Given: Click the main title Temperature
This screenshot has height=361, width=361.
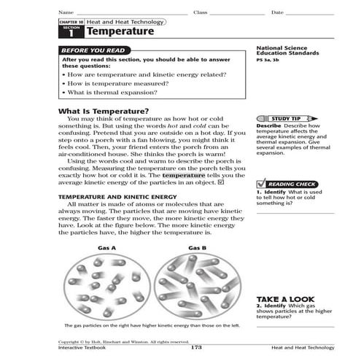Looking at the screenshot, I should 120,32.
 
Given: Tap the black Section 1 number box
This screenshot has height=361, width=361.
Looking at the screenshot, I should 71,32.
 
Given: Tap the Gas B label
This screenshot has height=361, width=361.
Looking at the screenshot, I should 197,249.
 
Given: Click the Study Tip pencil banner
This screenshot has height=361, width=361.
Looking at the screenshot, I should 285,118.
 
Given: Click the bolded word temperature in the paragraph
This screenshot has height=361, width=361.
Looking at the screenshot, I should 184,176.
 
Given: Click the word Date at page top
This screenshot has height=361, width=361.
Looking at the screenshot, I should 277,13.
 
